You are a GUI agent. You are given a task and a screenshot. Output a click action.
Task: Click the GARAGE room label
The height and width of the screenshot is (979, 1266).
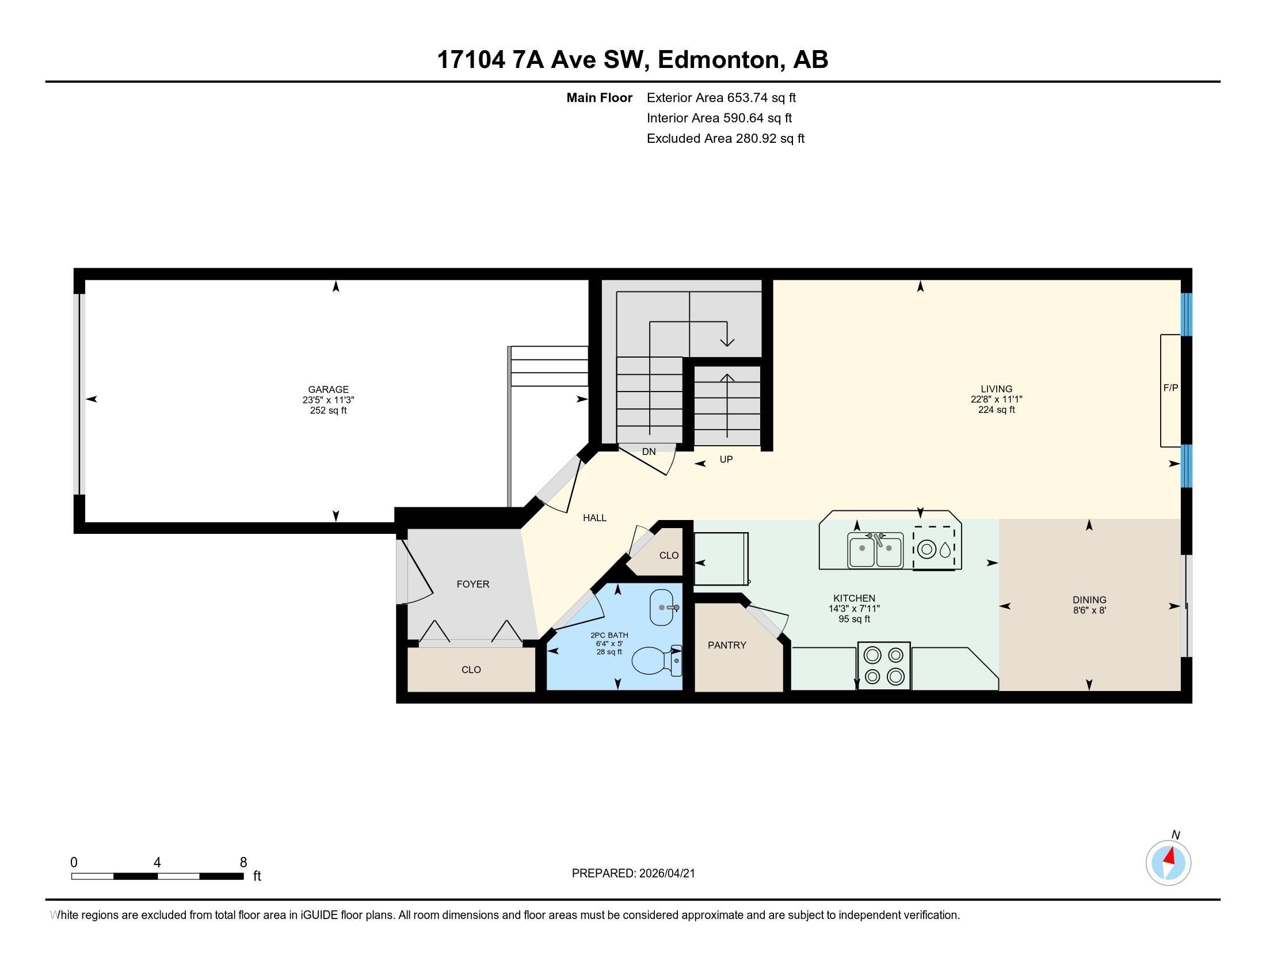328,390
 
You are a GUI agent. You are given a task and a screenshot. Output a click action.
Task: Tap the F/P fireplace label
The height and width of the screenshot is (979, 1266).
1170,388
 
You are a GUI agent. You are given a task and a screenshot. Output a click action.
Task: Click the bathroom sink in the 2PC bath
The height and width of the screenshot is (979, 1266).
662,607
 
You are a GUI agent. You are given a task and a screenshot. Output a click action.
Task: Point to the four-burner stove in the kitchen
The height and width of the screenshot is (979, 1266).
883,665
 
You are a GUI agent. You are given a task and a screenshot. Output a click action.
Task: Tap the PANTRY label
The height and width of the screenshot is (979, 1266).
726,645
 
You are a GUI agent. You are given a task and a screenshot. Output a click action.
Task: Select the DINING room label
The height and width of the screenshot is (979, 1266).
1089,599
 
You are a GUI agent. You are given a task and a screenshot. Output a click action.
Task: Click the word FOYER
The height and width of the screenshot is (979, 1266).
472,584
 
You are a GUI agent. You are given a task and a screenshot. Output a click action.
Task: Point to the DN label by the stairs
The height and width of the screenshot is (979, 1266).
649,451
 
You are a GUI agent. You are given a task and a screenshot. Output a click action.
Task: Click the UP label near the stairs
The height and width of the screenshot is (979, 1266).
726,460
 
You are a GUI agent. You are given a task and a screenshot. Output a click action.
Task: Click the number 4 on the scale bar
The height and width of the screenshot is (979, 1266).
157,863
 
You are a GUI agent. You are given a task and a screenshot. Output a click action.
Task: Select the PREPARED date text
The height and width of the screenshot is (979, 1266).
633,874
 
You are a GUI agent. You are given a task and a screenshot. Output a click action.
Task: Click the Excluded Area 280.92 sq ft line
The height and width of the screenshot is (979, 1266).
725,139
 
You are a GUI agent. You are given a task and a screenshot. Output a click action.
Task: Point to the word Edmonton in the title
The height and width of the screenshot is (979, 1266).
719,60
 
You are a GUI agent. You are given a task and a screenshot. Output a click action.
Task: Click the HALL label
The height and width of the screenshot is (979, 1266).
594,518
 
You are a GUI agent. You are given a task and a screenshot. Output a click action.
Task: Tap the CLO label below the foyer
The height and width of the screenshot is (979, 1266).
471,669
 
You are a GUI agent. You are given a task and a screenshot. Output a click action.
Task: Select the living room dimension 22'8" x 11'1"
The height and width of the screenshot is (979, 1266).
996,399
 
